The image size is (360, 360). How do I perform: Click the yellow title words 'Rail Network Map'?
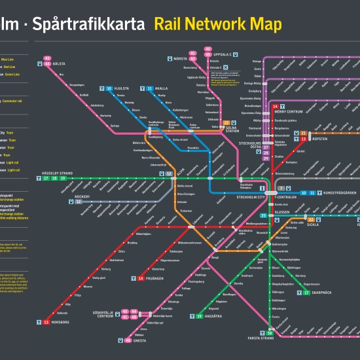coord(218,25)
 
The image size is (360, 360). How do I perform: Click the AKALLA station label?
coord(162,88)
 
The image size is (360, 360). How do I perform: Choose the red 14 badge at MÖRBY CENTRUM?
coord(276,106)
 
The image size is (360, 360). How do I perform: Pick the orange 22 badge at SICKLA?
coord(312,220)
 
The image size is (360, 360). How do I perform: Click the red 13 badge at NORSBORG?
coord(46,322)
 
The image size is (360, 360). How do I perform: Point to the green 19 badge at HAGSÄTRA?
coord(200,316)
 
